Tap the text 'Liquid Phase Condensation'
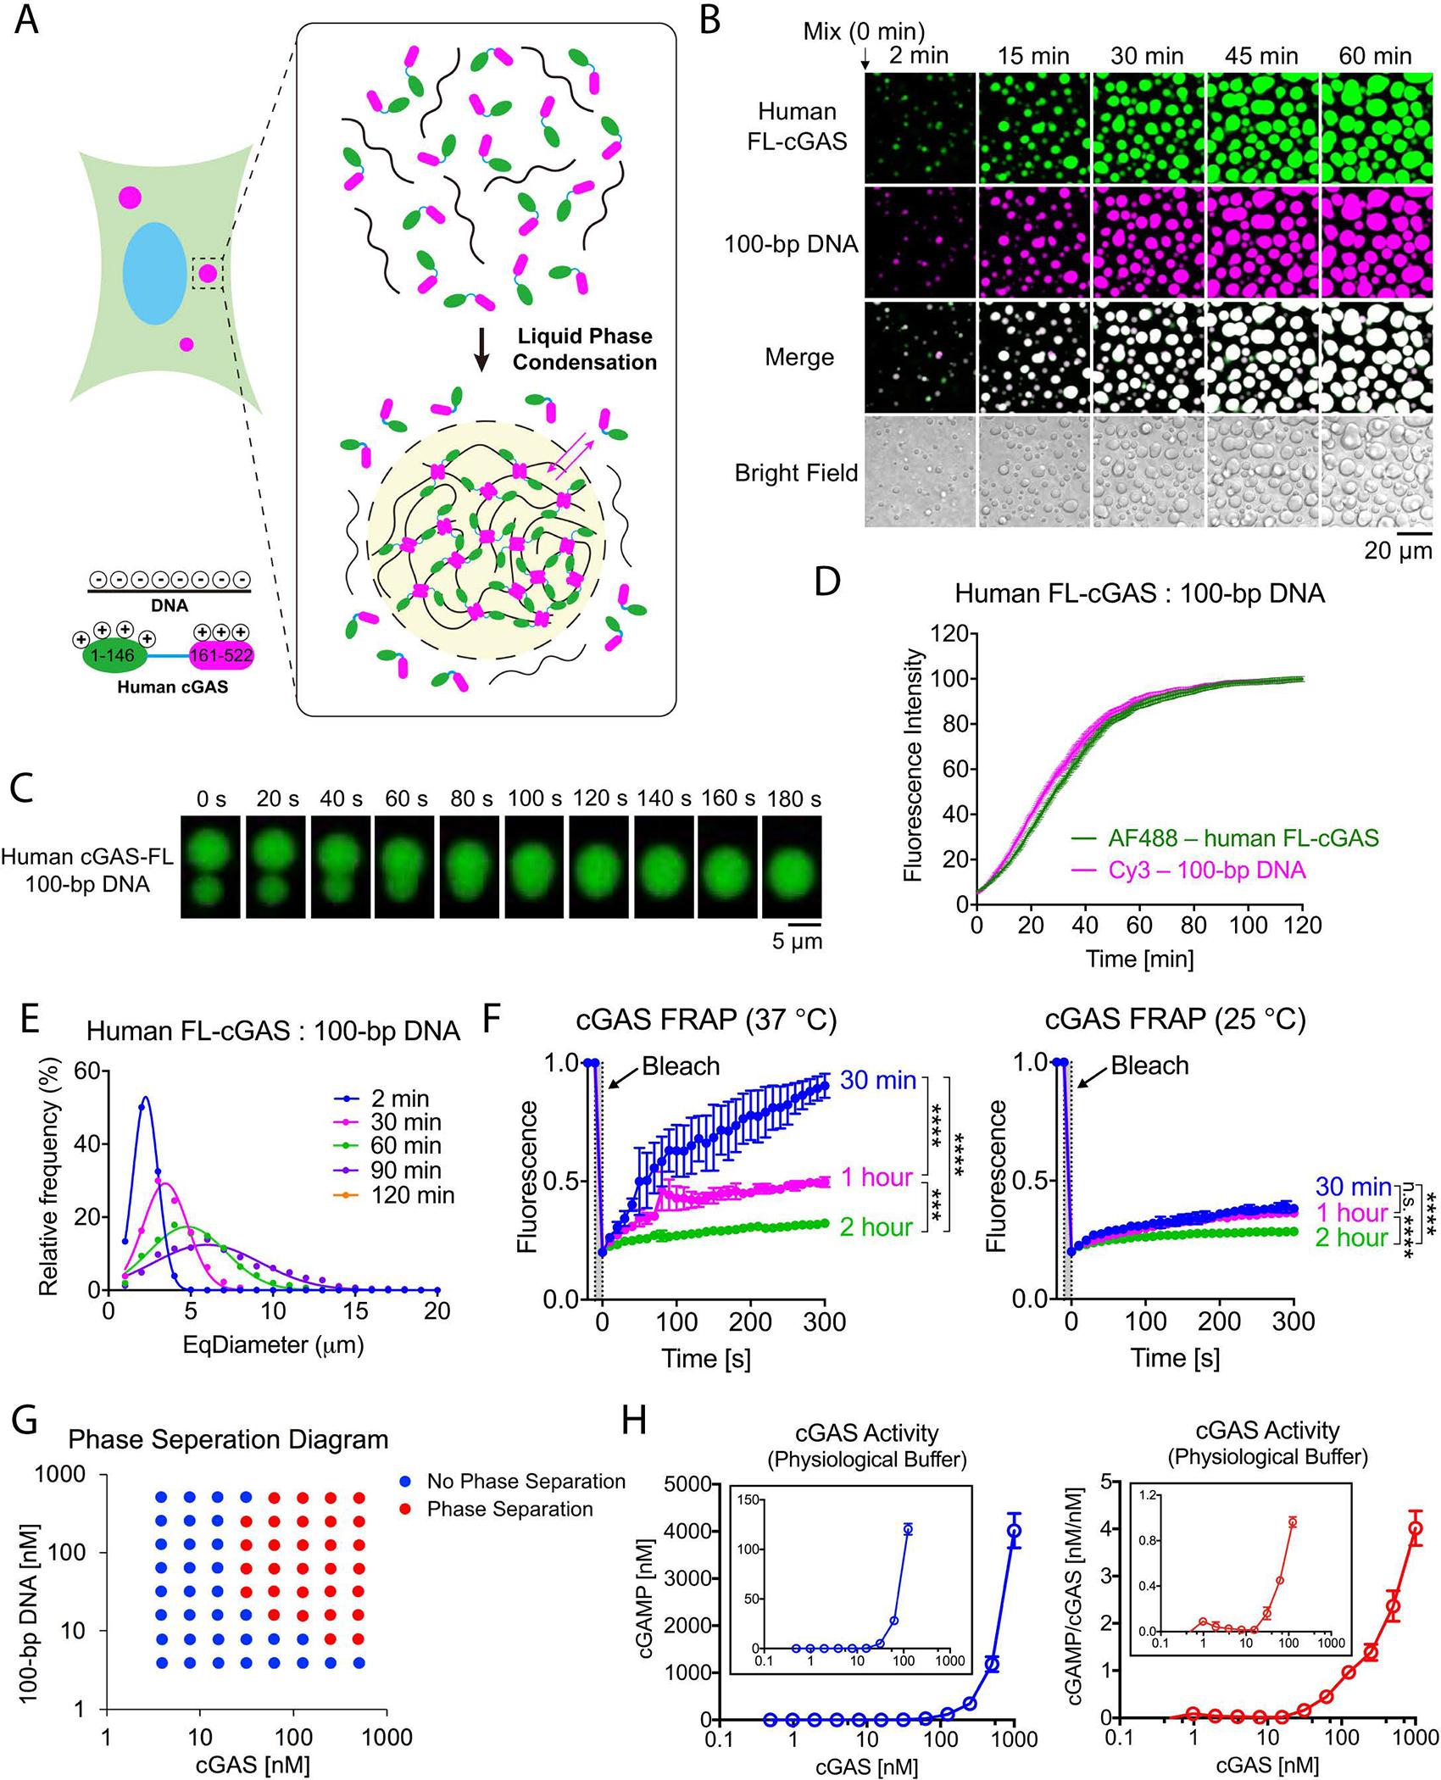click(584, 349)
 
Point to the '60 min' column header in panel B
click(1375, 57)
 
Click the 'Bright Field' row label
click(796, 473)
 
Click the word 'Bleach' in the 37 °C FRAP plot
click(681, 1065)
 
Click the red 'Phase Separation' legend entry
click(509, 1509)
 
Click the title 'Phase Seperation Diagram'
click(228, 1438)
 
